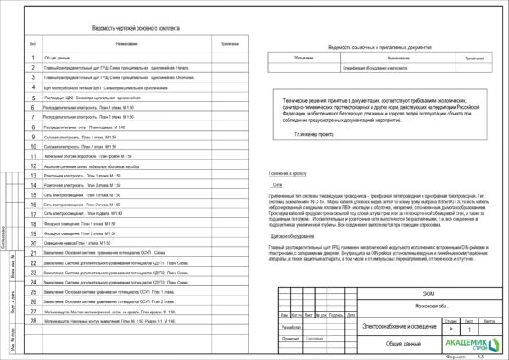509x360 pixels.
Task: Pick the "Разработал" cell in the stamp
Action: coord(292,326)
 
